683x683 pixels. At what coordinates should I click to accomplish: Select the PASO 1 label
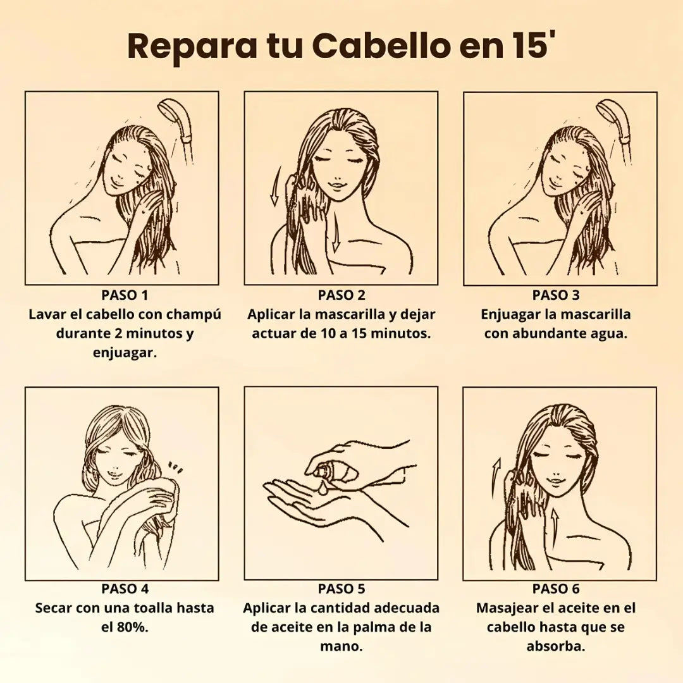click(x=125, y=295)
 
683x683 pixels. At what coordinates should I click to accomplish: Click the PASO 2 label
click(x=341, y=295)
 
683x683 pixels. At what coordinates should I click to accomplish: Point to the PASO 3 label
click(x=556, y=295)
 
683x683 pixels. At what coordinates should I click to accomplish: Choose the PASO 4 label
click(x=125, y=589)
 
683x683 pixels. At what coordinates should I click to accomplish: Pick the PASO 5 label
click(x=341, y=589)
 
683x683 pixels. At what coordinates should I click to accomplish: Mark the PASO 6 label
click(x=556, y=589)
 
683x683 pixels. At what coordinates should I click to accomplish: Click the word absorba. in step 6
click(x=556, y=647)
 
